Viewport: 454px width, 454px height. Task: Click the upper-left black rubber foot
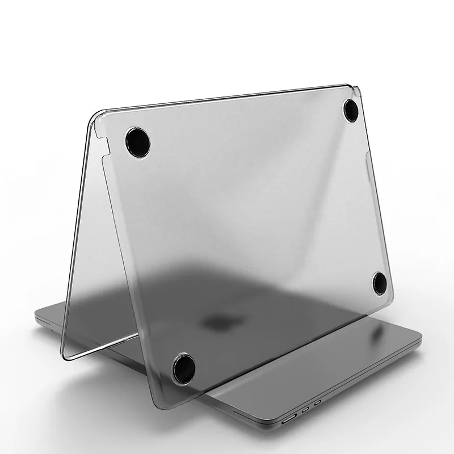(136, 138)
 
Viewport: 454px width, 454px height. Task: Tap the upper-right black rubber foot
(349, 108)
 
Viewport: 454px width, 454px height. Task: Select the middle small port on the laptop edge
(306, 408)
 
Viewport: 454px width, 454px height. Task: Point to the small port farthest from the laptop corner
(318, 401)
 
